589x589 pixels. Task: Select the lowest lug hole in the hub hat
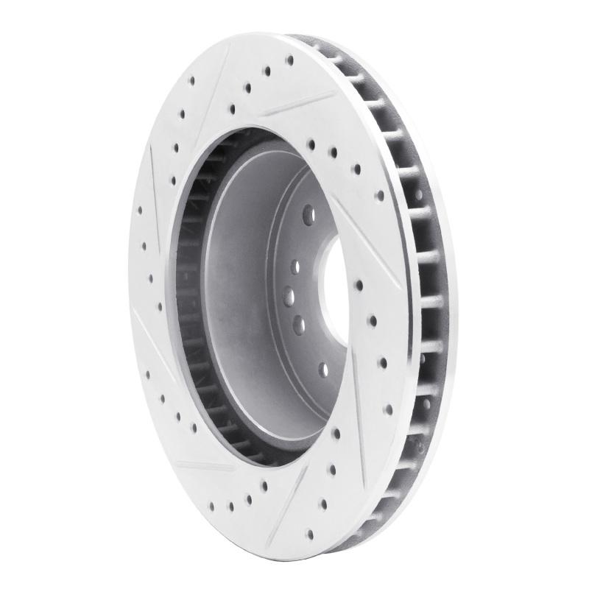[x=325, y=369]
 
